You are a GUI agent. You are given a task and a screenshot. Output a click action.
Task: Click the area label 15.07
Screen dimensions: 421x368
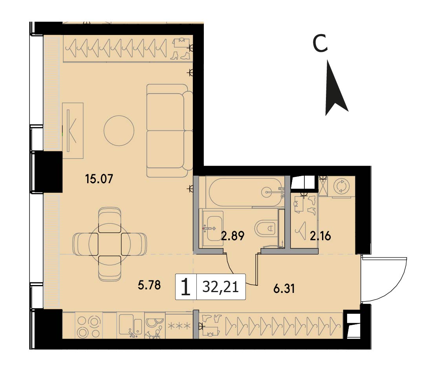[x=99, y=179]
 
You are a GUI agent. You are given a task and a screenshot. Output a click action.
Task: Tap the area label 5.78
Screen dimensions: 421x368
[x=149, y=285]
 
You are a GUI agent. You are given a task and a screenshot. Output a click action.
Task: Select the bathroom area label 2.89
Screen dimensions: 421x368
[x=232, y=236]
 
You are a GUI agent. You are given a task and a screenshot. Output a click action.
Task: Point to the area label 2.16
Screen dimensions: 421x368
[x=320, y=236]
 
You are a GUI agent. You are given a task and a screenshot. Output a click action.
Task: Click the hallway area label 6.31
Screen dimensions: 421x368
[x=284, y=289]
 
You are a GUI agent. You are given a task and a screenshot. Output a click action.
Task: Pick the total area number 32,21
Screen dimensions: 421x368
[x=221, y=287]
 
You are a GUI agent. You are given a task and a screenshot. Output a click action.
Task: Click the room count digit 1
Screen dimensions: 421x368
[x=186, y=287]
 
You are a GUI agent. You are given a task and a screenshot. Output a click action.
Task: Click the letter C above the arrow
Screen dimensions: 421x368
[x=320, y=43]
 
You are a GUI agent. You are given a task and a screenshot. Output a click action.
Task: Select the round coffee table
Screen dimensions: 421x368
[x=119, y=131]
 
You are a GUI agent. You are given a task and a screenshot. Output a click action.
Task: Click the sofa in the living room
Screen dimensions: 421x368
[x=170, y=131]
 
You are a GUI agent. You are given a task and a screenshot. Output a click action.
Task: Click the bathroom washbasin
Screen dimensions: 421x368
[x=213, y=228]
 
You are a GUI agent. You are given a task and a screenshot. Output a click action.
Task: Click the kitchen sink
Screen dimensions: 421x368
[x=131, y=325]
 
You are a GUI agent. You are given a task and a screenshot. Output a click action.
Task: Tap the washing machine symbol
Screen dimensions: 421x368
[x=341, y=186]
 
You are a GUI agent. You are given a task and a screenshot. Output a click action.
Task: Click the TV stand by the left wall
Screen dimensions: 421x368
[x=73, y=131]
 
